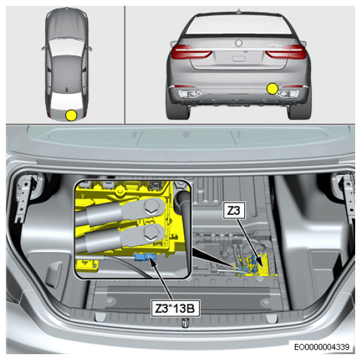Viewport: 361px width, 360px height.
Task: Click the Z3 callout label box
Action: (x=234, y=210)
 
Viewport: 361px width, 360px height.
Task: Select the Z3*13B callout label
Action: (x=175, y=308)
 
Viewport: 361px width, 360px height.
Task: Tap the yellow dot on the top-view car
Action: (x=71, y=115)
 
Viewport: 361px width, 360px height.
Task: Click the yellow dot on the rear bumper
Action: (x=272, y=89)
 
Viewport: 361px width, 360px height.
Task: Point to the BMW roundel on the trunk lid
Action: (x=239, y=43)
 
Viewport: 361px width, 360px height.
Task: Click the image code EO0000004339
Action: (x=322, y=346)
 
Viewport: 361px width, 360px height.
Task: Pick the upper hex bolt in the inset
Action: (x=150, y=206)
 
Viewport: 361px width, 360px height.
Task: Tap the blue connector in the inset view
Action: (x=145, y=257)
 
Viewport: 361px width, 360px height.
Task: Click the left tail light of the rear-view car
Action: (x=192, y=52)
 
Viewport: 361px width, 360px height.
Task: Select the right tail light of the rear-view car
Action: (x=286, y=52)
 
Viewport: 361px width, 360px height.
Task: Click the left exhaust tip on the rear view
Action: (x=191, y=94)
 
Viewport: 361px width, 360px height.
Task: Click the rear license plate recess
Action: (x=239, y=58)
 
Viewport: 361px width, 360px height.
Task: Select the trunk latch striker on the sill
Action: (x=185, y=322)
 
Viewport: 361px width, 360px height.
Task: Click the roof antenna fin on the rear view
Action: (x=239, y=11)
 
